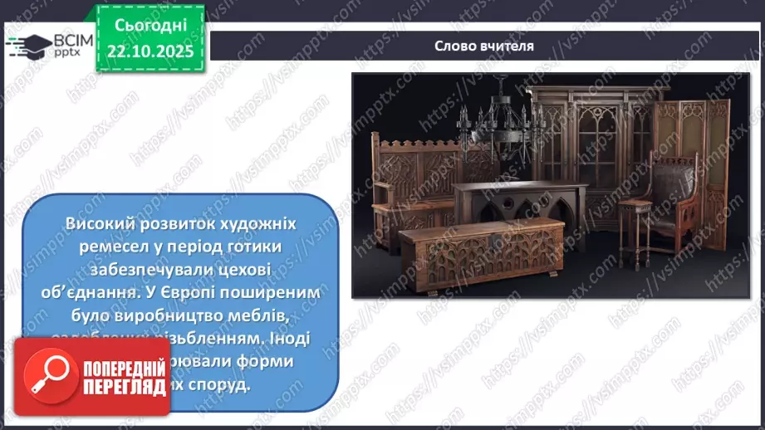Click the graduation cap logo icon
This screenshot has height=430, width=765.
coord(31,44)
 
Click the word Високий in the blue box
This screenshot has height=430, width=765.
coord(98,226)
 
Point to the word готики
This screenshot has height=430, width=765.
coord(248,247)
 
